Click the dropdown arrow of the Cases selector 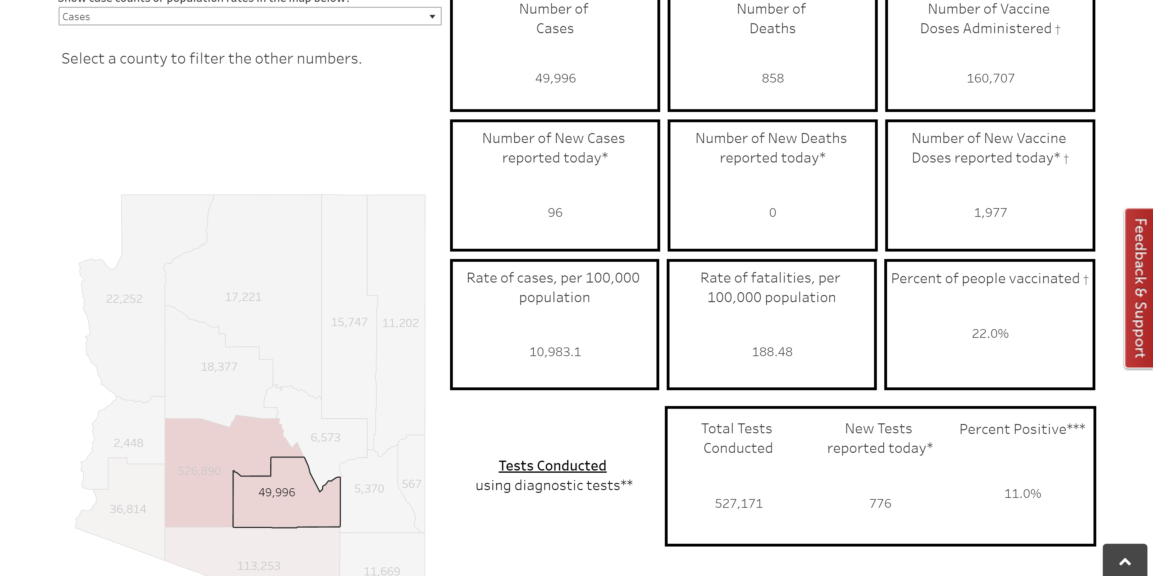(x=432, y=16)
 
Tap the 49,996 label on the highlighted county (x=276, y=492)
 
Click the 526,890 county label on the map (x=199, y=471)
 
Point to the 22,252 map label (x=124, y=299)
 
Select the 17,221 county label (x=243, y=297)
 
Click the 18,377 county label (x=219, y=367)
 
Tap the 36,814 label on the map (x=128, y=509)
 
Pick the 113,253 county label (x=259, y=566)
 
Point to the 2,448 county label (x=128, y=443)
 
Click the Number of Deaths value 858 (x=773, y=78)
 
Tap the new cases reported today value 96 (x=555, y=213)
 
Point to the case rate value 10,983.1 (x=555, y=352)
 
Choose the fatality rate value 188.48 (x=772, y=352)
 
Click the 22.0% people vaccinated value (x=990, y=334)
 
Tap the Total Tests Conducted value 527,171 (x=739, y=503)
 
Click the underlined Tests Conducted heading (x=552, y=466)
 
